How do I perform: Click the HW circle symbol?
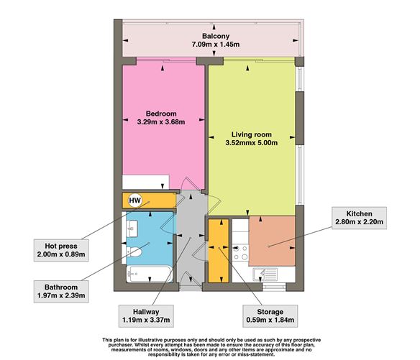pyautogui.click(x=135, y=200)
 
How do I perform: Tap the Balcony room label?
pyautogui.click(x=216, y=36)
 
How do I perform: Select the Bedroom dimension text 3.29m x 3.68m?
pyautogui.click(x=161, y=122)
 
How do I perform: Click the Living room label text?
pyautogui.click(x=251, y=134)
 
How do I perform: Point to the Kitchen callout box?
pyautogui.click(x=359, y=218)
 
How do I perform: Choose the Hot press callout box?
pyautogui.click(x=61, y=250)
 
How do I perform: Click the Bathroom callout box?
pyautogui.click(x=61, y=292)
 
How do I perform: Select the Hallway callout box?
pyautogui.click(x=146, y=316)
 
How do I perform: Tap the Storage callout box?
pyautogui.click(x=270, y=316)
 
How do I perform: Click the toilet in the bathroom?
pyautogui.click(x=133, y=252)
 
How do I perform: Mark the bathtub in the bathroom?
pyautogui.click(x=150, y=274)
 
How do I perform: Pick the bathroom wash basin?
pyautogui.click(x=132, y=229)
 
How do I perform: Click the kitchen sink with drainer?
pyautogui.click(x=265, y=274)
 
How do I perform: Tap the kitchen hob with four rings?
pyautogui.click(x=240, y=253)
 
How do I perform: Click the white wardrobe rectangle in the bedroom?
pyautogui.click(x=145, y=182)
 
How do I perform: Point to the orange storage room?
pyautogui.click(x=219, y=251)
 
